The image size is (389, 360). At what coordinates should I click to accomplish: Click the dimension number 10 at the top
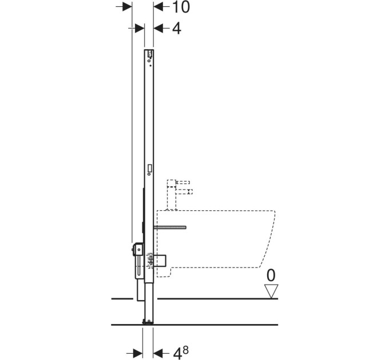pyautogui.click(x=181, y=7)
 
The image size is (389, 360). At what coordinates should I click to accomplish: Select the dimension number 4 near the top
pyautogui.click(x=177, y=28)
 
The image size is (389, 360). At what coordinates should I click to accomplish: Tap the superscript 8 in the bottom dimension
pyautogui.click(x=185, y=343)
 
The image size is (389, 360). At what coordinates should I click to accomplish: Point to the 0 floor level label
pyautogui.click(x=271, y=275)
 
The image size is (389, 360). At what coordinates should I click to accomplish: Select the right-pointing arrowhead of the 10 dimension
pyautogui.click(x=127, y=7)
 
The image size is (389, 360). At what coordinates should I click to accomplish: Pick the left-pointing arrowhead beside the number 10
pyautogui.click(x=158, y=7)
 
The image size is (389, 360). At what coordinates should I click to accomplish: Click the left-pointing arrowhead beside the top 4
pyautogui.click(x=158, y=28)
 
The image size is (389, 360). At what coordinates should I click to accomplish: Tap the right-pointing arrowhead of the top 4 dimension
pyautogui.click(x=140, y=28)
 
